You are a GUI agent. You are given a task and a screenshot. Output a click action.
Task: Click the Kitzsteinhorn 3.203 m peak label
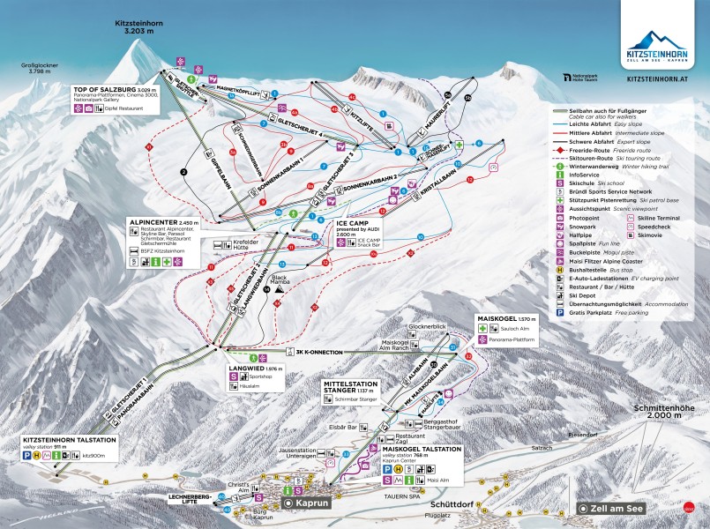tap(139, 23)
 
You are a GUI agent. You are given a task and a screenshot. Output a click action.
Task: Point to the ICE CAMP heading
tap(353, 224)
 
